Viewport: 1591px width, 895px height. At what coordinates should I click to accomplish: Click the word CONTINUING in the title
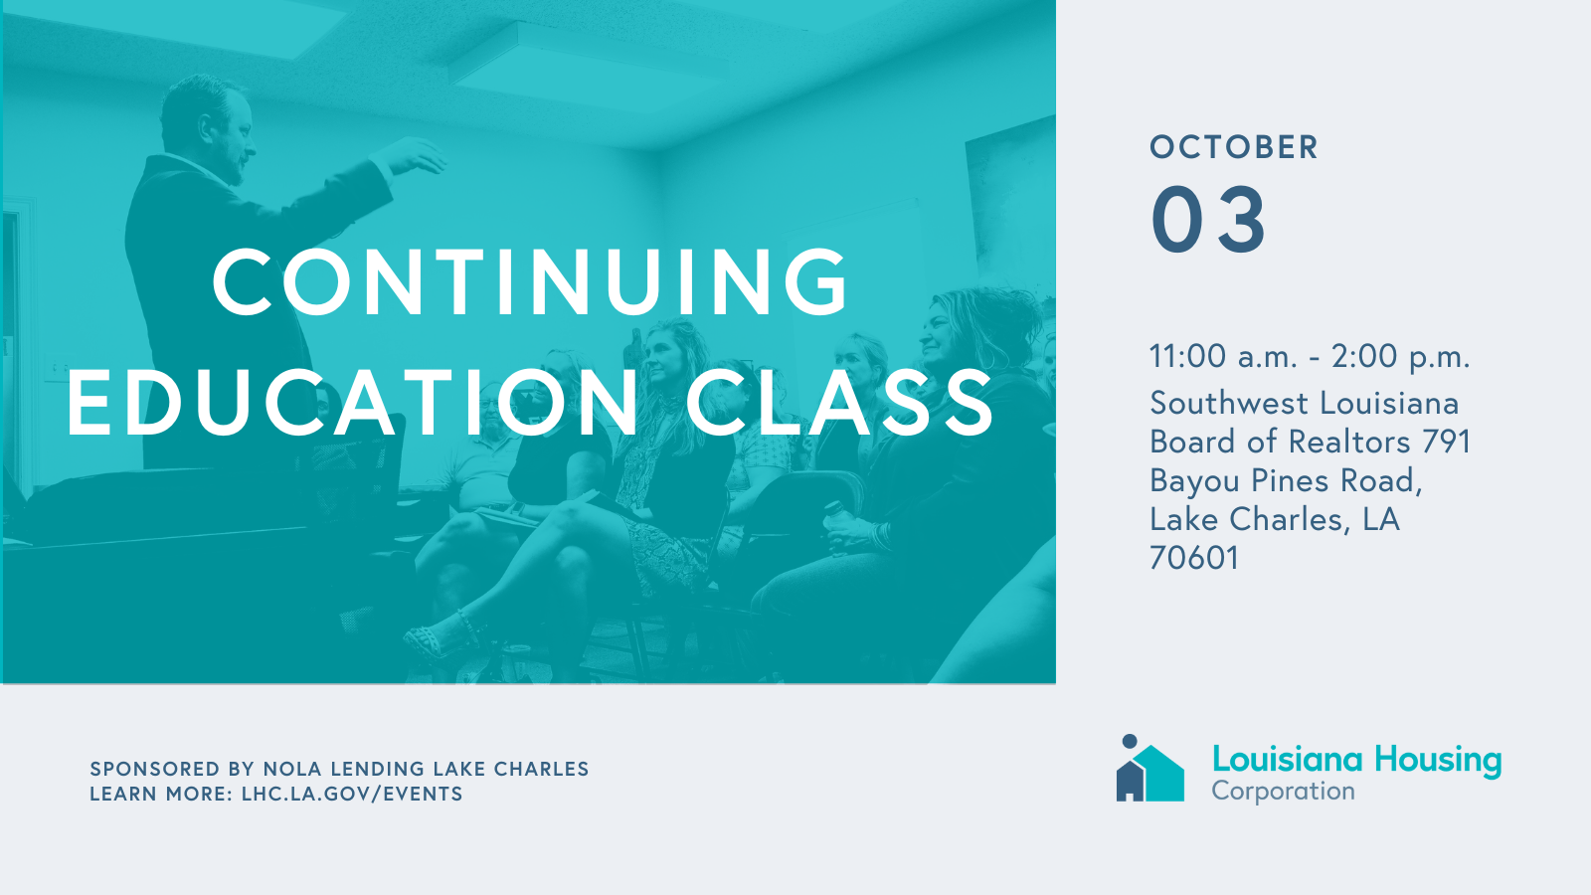530,281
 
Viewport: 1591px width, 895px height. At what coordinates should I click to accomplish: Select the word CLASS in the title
839,402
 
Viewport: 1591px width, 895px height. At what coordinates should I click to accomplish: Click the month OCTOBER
1234,147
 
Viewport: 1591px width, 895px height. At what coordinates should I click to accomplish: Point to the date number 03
1208,219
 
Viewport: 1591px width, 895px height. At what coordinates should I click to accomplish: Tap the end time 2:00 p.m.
1401,356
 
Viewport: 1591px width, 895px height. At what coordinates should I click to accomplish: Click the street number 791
1446,442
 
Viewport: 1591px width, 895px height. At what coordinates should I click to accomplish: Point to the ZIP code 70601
1194,558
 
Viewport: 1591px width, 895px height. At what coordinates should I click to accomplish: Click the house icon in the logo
1149,769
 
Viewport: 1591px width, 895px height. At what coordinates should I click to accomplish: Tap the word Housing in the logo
1438,760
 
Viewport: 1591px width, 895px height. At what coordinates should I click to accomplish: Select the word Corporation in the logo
1284,792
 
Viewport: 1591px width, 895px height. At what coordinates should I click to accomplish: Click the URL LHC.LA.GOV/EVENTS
352,794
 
